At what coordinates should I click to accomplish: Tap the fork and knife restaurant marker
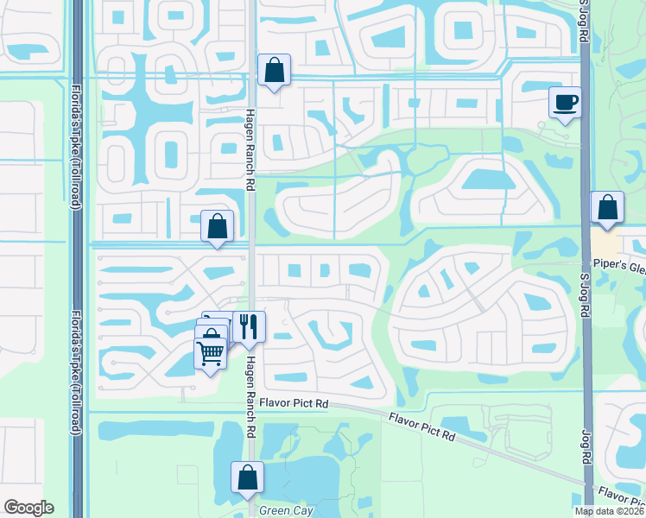(249, 326)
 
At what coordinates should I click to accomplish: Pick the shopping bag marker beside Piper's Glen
(607, 208)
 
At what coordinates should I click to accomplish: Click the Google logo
(28, 508)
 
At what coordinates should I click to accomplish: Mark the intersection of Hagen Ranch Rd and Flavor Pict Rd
(250, 399)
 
